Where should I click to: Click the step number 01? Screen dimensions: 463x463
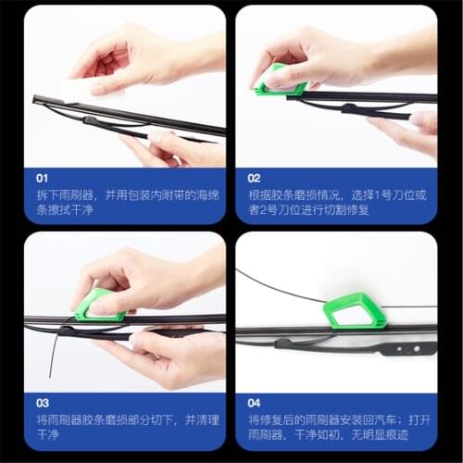43,176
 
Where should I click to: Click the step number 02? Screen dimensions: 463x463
255,176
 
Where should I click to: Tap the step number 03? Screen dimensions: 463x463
43,403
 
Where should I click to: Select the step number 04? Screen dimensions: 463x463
255,403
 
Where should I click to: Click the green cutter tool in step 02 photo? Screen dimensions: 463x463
281,83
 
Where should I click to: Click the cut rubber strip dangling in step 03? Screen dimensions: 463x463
53,357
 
